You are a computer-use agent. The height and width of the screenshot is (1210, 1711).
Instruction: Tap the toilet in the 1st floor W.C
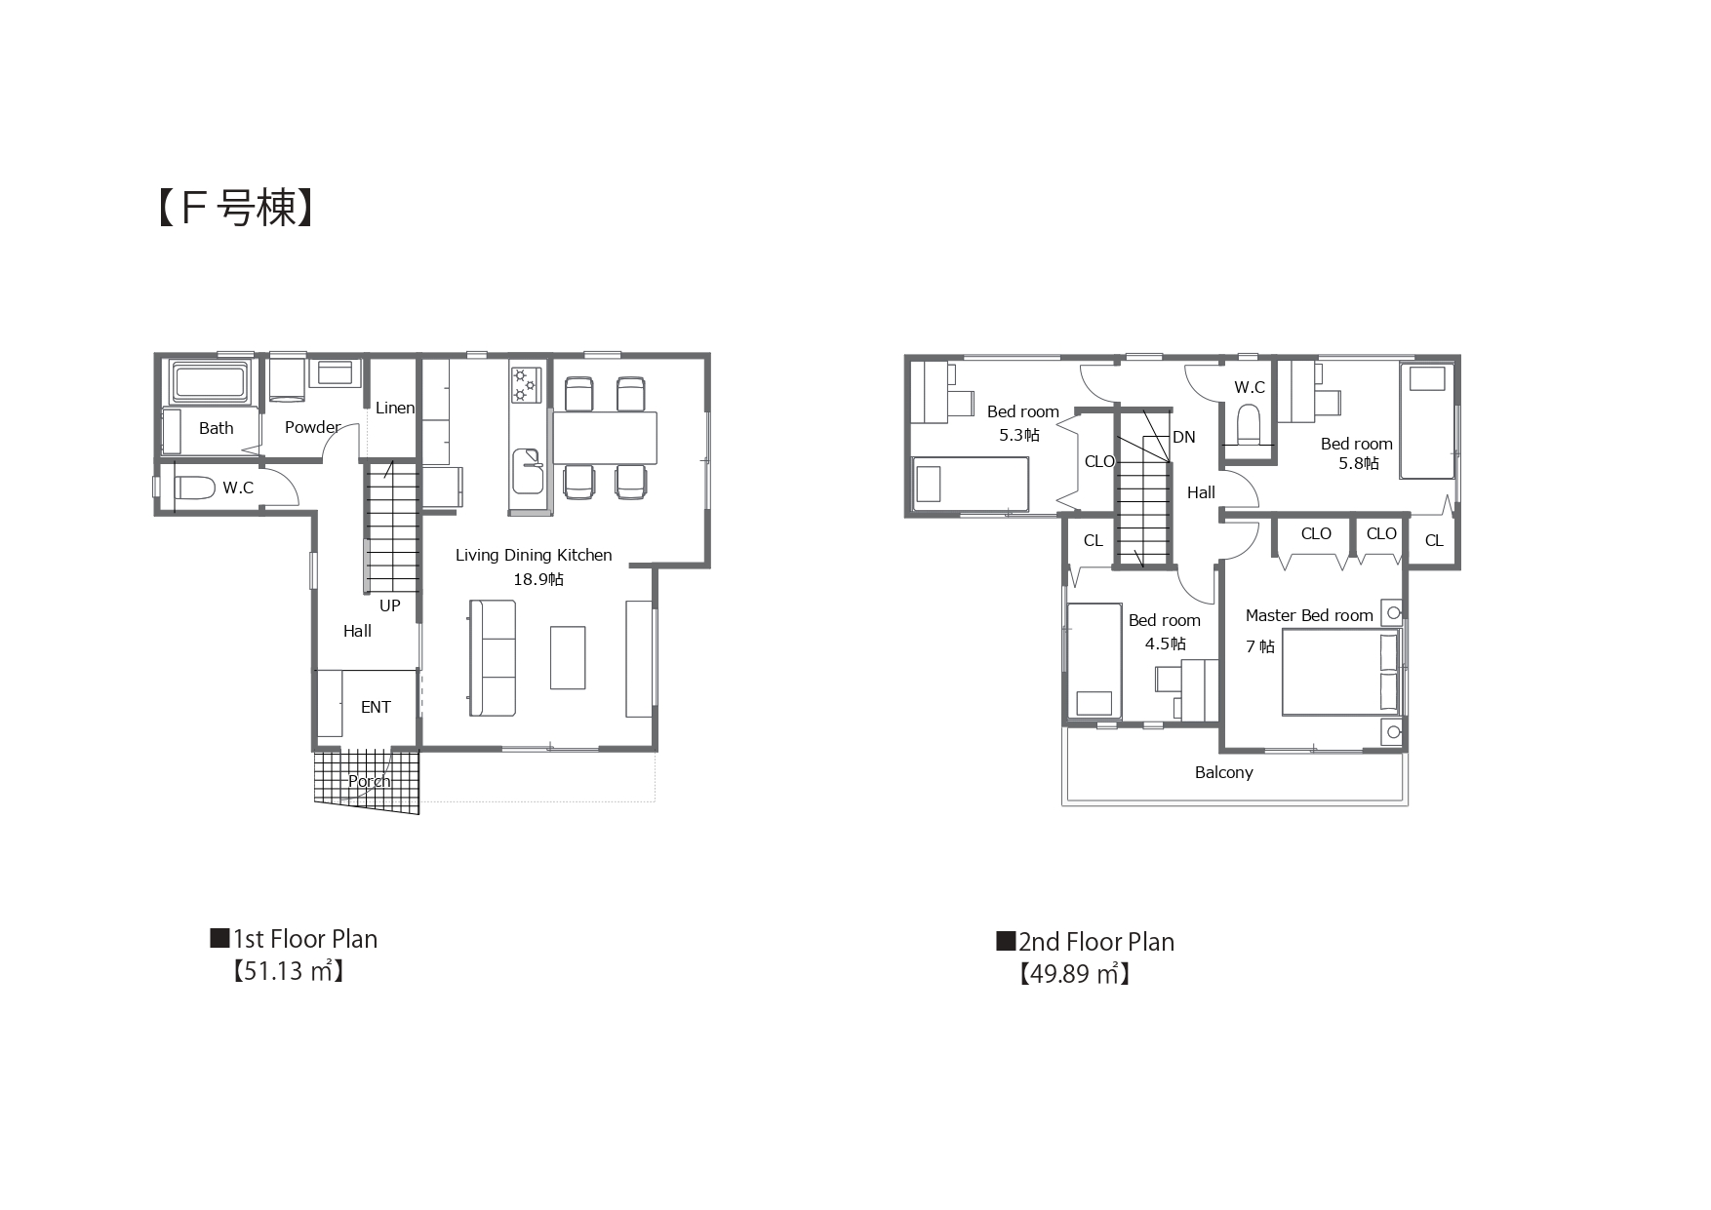coord(194,488)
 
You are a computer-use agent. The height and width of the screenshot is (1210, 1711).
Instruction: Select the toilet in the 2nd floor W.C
coord(1249,425)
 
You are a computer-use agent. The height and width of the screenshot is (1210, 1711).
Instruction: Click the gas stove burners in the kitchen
coord(525,384)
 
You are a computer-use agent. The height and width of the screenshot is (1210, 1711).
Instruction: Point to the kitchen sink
coord(529,471)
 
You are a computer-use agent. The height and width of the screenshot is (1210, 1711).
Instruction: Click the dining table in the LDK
coord(605,437)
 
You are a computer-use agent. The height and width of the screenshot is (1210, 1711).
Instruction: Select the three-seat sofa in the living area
coord(492,658)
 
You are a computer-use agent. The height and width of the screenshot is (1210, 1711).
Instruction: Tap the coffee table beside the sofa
coord(568,658)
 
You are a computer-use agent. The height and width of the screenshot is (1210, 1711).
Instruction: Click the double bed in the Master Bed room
coord(1340,672)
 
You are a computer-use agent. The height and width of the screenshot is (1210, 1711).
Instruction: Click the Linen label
coord(395,408)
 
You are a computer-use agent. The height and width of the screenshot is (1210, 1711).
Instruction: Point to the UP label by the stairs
coord(390,605)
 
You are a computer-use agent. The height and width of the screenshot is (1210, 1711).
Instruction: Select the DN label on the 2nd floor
coord(1184,437)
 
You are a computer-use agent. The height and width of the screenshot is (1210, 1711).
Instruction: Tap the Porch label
coord(370,781)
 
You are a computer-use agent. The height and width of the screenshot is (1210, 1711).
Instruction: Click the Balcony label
coord(1224,772)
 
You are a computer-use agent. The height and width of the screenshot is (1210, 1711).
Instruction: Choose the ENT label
coord(376,707)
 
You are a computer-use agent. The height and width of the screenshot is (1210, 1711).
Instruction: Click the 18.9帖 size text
coord(538,579)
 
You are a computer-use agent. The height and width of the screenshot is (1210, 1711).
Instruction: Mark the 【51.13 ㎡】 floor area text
coord(288,971)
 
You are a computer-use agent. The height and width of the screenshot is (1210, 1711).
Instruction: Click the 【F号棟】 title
coord(235,208)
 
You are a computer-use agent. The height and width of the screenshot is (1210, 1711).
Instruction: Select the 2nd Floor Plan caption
coord(1085,942)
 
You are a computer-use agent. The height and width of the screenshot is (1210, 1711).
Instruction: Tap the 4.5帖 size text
coord(1166,644)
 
